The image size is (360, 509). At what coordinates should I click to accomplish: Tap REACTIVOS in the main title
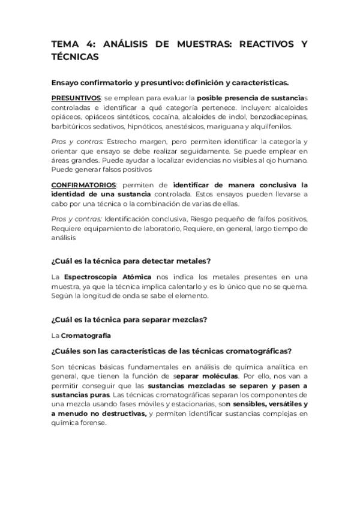tap(266, 45)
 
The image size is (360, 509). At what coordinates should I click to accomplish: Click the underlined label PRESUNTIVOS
tap(76, 98)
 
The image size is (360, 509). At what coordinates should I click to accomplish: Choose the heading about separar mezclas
tap(130, 319)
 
